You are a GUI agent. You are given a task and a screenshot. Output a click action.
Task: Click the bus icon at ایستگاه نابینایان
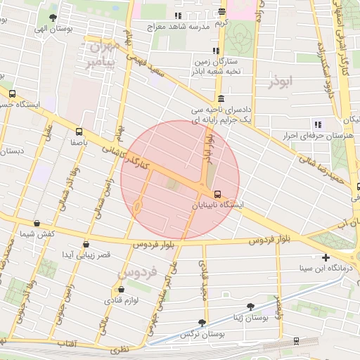click(217, 194)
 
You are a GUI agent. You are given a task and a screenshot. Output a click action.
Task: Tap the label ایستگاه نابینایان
click(221, 206)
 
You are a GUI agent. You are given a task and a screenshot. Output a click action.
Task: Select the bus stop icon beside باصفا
click(78, 131)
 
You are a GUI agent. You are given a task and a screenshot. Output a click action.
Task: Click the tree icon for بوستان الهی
click(53, 18)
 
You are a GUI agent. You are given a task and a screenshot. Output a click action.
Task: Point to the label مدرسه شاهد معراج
click(179, 27)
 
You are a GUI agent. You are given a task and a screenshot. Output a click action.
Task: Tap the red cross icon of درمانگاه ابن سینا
click(326, 257)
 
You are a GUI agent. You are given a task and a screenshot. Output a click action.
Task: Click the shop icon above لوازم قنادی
click(122, 289)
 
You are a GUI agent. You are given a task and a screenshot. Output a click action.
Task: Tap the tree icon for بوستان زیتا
click(251, 307)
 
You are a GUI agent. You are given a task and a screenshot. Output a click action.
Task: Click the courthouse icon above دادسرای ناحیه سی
click(221, 98)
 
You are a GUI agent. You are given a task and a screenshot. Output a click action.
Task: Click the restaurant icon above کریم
click(221, 11)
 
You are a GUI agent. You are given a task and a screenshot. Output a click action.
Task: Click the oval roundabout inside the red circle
click(136, 207)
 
